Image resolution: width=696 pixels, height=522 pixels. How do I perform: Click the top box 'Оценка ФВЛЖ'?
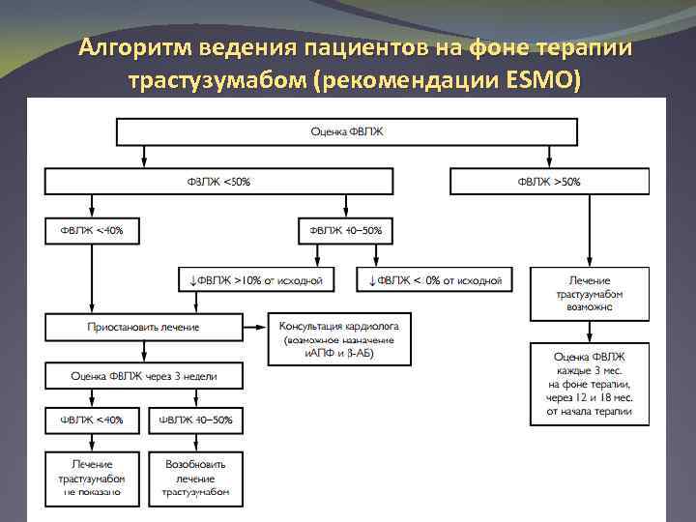click(x=348, y=131)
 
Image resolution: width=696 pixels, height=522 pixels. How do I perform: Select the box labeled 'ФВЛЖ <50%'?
click(x=218, y=181)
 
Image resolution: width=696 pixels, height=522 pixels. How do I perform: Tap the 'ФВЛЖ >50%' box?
click(x=549, y=181)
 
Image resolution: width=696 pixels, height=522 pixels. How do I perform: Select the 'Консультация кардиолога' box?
click(x=339, y=334)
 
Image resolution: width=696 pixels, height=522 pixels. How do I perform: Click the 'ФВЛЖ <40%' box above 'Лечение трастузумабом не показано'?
click(x=92, y=420)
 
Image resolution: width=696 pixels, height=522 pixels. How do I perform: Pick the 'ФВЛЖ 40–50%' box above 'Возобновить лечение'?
click(x=196, y=420)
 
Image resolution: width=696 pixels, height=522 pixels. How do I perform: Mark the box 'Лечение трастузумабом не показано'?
click(x=92, y=478)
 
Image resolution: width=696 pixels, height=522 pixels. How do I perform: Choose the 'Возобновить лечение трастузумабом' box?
click(x=196, y=478)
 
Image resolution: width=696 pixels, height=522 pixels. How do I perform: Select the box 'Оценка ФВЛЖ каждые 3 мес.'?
click(x=590, y=384)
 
